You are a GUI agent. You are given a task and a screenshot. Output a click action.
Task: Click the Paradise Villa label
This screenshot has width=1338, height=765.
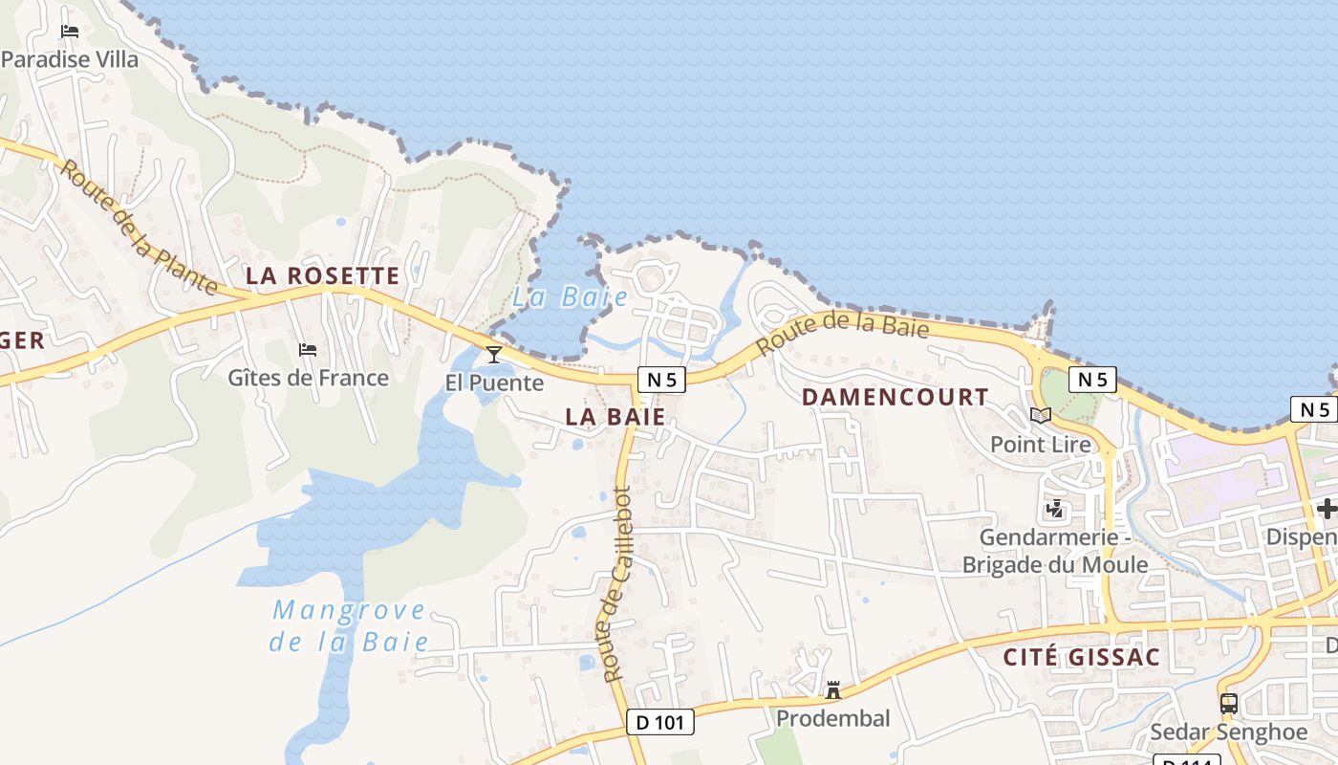point(70,59)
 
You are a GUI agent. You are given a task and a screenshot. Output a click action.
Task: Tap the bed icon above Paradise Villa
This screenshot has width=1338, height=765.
point(70,31)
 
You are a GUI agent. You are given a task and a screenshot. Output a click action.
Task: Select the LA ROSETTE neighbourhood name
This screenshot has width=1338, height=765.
point(322,276)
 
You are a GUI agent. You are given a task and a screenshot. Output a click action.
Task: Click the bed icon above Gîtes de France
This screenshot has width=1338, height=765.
point(308,350)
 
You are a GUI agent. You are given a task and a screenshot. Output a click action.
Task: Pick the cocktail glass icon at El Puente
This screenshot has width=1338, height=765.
point(494,355)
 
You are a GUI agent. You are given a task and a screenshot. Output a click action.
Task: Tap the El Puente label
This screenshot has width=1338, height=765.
point(494,383)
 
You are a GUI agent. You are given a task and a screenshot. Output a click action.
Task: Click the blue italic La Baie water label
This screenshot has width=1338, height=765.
point(570,297)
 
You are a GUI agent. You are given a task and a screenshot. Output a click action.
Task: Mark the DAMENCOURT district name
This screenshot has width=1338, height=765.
point(896,397)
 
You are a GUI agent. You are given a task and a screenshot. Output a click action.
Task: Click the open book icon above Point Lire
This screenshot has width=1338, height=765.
point(1040,415)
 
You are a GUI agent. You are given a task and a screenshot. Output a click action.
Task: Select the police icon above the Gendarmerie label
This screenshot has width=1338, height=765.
point(1055,509)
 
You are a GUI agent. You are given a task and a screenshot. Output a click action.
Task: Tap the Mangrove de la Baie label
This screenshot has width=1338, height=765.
point(349,625)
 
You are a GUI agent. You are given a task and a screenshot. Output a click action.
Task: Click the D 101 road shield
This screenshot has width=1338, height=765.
point(660,722)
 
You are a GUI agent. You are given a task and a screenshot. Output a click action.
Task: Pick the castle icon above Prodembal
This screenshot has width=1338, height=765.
point(833,689)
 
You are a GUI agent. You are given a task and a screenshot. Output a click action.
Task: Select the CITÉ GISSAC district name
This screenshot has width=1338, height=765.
point(1082,657)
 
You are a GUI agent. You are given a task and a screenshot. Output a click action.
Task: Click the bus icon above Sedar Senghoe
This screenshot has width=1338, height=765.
point(1229,704)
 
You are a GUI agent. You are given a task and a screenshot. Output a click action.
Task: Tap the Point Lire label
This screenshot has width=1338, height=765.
point(1040,444)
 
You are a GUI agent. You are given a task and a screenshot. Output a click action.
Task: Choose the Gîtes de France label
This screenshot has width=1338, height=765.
point(308,379)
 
